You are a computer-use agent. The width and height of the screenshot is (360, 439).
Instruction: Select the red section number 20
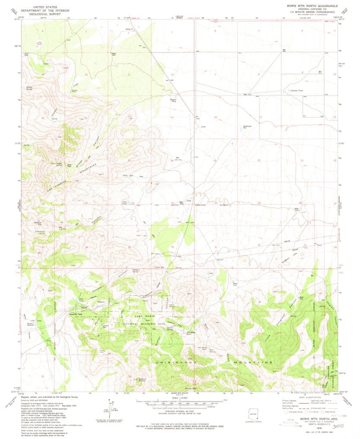click(x=259, y=161)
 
